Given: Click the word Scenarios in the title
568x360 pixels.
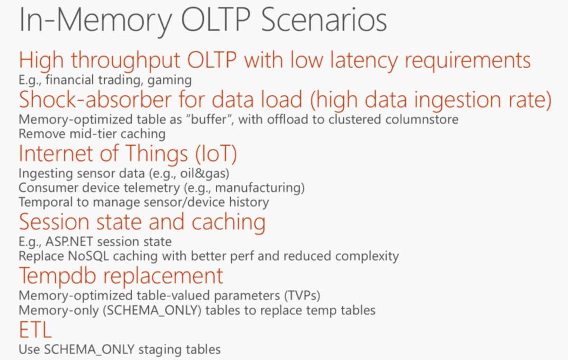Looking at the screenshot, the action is click(x=324, y=20).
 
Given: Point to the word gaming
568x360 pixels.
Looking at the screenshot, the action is click(x=169, y=81).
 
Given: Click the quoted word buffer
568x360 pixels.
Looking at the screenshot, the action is click(x=209, y=119).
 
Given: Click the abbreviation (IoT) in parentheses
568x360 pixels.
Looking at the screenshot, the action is click(x=216, y=153).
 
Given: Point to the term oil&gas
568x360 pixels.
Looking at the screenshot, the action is click(x=204, y=174).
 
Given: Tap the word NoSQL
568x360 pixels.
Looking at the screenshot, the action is click(x=88, y=256).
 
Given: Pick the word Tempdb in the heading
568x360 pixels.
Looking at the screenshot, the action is click(x=58, y=277).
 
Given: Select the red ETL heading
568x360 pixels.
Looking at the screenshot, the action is click(x=35, y=330).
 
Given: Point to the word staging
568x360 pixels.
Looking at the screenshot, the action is click(x=160, y=350).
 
